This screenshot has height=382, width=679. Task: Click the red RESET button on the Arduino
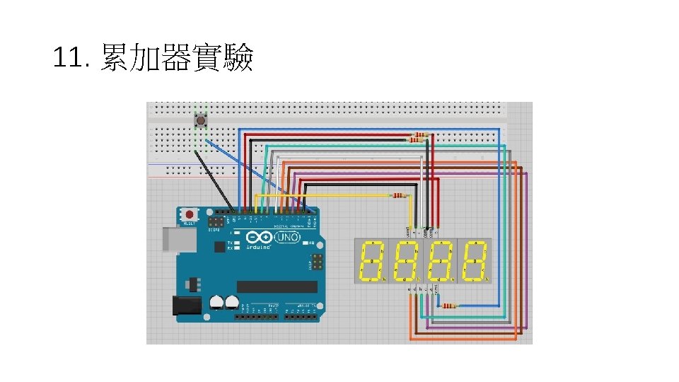coord(190,214)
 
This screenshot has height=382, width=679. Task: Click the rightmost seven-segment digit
coord(475,261)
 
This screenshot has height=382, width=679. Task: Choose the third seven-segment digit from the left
coord(441,261)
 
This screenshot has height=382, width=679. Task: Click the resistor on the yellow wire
coord(400,195)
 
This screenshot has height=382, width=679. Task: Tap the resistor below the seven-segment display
coord(448,306)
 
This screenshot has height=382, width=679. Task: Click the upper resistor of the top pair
coord(422,134)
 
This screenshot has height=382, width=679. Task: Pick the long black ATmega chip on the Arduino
coord(277,286)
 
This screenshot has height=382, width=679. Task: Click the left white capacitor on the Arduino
coord(216,303)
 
